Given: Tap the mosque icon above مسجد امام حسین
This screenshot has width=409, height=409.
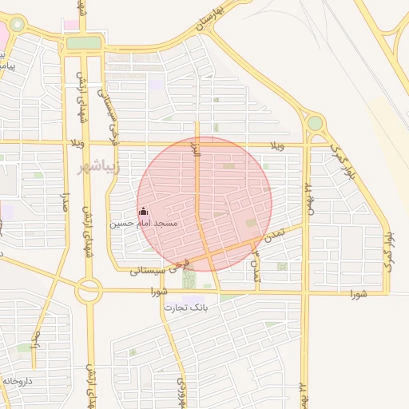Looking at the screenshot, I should (x=144, y=212).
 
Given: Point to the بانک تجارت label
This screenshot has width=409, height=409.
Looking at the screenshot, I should (x=186, y=307).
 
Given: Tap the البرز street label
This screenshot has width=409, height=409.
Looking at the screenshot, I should (x=192, y=149).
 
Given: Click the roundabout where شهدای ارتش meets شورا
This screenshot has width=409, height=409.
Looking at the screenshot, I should (x=88, y=292).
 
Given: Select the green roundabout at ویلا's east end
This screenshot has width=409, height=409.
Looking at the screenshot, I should (x=316, y=123).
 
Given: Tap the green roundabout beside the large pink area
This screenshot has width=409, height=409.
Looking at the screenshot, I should (x=16, y=26).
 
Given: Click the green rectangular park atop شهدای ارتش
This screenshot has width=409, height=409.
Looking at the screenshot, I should (x=84, y=42).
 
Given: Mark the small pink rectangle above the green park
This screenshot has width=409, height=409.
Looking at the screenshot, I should (x=72, y=25).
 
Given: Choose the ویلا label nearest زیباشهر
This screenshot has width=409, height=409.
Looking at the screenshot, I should (x=77, y=143).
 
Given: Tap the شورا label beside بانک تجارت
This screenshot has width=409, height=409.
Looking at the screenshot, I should (x=160, y=292).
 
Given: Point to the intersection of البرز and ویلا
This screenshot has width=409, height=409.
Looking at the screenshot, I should (x=197, y=145).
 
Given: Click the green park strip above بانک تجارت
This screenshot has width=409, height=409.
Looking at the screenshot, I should (x=189, y=279).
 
